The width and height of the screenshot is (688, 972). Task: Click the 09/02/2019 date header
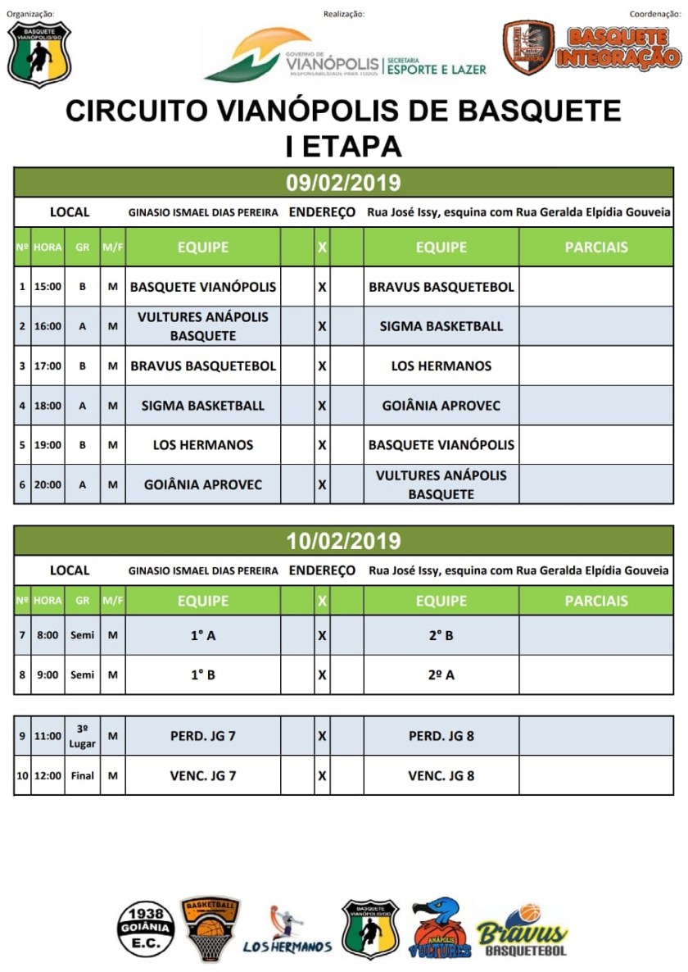tap(343, 182)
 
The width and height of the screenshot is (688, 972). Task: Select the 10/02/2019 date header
tap(343, 541)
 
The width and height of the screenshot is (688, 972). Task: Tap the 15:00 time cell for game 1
tap(48, 287)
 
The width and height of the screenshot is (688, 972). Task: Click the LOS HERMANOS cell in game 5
tap(203, 445)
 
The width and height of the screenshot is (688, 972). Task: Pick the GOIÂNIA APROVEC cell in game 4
tap(441, 406)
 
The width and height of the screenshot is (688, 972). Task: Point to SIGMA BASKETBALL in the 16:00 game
tap(441, 326)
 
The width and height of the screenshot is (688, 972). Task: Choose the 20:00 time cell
tap(48, 484)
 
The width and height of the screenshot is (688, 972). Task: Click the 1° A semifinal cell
tap(203, 635)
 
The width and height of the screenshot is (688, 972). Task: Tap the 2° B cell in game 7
tap(441, 635)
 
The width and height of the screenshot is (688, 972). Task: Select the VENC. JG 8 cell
tap(441, 775)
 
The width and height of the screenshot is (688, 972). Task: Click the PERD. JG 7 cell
tap(203, 736)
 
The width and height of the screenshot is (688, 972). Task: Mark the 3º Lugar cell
tap(82, 736)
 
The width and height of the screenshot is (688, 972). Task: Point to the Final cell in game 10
tap(82, 775)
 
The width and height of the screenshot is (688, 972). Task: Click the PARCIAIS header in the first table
tap(596, 247)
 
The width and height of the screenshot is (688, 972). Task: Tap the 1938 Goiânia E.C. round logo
tap(146, 930)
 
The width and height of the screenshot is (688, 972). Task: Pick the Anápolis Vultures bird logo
tap(441, 929)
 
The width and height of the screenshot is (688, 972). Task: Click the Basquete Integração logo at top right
tap(592, 48)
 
